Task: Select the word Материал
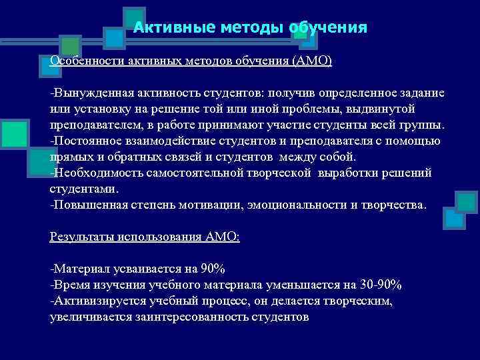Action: tap(79, 269)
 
